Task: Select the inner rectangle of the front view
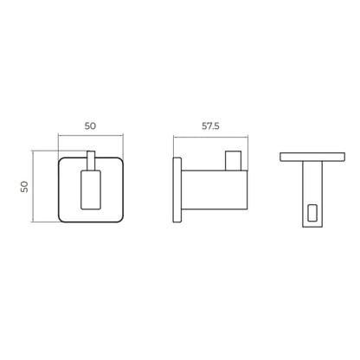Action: pos(90,191)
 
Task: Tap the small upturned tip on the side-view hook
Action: pos(232,163)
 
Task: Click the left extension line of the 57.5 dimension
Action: pos(174,145)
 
